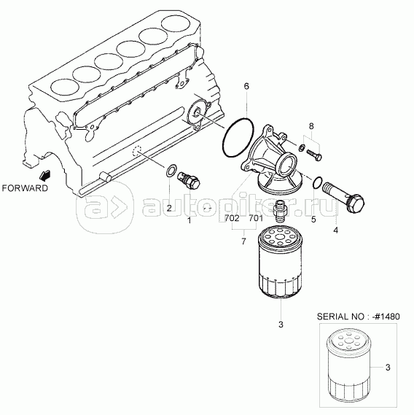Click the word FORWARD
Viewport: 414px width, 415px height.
pos(25,188)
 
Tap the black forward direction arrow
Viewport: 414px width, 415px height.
pos(44,175)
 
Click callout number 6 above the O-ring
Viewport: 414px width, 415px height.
pos(246,86)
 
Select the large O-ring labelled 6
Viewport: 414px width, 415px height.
pos(238,138)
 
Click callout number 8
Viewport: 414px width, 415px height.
pos(311,126)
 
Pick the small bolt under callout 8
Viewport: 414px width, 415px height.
pos(314,154)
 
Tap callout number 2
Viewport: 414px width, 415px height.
pos(169,208)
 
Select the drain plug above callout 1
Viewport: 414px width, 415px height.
pos(188,180)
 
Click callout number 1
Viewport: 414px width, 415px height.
pos(189,220)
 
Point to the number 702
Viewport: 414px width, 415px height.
pos(232,218)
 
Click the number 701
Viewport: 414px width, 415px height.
pos(256,218)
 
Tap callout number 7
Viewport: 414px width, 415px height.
pos(243,241)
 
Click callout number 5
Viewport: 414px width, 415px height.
pos(313,219)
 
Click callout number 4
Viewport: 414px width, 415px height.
pos(335,230)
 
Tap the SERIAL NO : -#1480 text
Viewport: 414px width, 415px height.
pos(358,317)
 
